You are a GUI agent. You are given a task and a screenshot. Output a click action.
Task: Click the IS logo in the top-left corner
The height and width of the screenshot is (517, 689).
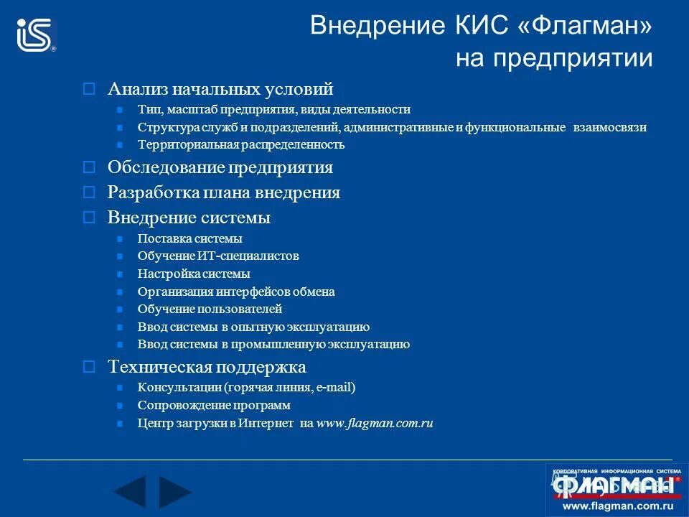click(x=37, y=34)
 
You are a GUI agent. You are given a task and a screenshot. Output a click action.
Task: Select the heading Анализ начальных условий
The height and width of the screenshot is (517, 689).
click(x=220, y=89)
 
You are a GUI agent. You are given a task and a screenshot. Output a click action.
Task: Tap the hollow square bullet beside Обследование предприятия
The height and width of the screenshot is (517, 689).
click(x=89, y=168)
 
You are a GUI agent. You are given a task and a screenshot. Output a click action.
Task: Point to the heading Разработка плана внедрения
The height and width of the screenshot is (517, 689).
click(x=223, y=192)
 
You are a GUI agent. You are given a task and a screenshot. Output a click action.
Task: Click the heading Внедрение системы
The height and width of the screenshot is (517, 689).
click(x=189, y=217)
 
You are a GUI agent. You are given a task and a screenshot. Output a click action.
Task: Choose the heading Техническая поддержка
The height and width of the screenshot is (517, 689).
click(x=207, y=367)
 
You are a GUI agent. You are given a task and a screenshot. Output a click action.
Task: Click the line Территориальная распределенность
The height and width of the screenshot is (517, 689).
click(x=240, y=144)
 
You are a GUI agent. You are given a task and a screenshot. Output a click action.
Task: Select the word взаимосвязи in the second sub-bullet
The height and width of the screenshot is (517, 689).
click(x=610, y=127)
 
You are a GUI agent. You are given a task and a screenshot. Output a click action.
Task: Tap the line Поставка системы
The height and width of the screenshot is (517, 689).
click(x=189, y=238)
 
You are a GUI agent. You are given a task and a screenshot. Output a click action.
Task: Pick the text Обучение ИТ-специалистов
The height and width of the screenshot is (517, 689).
click(x=217, y=256)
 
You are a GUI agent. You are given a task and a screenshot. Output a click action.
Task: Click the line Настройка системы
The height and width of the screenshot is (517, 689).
click(x=194, y=274)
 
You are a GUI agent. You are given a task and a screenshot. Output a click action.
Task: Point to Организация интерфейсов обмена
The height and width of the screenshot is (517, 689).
click(x=235, y=292)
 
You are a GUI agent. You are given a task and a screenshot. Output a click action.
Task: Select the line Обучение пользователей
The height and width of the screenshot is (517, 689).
click(x=210, y=309)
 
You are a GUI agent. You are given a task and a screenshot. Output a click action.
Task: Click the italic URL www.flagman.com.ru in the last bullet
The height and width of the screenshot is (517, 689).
click(x=374, y=423)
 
